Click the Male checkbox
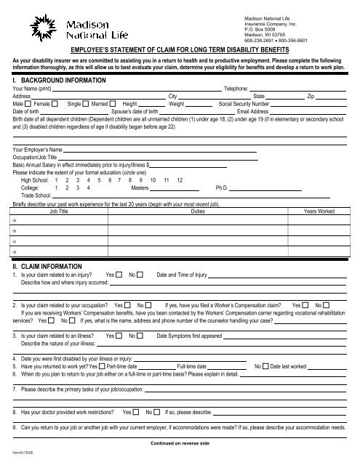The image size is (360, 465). pos(27,104)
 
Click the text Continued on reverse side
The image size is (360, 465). pos(180,442)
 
